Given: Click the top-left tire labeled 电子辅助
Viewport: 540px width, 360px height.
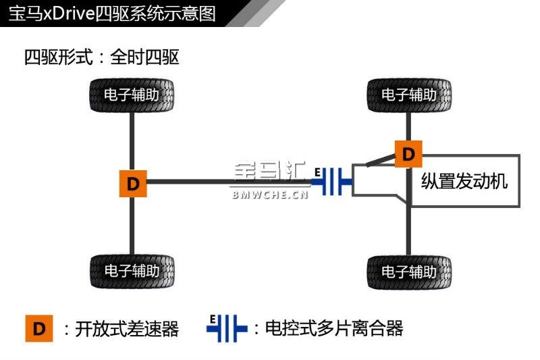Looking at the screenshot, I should [132, 95].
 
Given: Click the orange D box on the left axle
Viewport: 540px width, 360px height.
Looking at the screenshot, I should [132, 183].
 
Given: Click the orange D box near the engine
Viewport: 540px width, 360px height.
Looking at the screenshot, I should [408, 154].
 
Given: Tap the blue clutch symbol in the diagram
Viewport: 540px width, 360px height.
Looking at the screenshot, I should [334, 182].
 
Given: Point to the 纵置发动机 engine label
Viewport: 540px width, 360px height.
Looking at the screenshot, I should [464, 181].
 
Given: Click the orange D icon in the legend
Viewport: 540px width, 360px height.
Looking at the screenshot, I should [39, 329].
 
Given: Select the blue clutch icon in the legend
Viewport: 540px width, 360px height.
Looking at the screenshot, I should [226, 329].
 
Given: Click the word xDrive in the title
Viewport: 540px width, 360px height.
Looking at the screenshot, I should [71, 13].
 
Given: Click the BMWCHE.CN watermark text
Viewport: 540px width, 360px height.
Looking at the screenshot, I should [270, 195].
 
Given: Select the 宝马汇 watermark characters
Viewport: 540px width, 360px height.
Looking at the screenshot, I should [269, 174].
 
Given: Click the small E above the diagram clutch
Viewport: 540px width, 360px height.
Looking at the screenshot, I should [317, 172].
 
